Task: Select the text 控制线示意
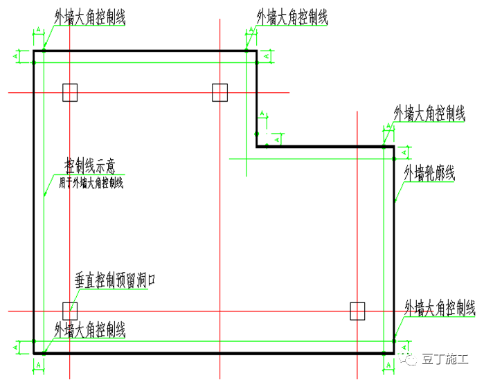pyautogui.click(x=89, y=166)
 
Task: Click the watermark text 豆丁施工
pyautogui.click(x=447, y=360)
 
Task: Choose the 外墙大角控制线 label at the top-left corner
pyautogui.click(x=89, y=17)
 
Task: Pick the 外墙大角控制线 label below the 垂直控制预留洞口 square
pyautogui.click(x=89, y=329)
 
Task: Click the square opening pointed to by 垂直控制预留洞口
pyautogui.click(x=70, y=311)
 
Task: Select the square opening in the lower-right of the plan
pyautogui.click(x=357, y=311)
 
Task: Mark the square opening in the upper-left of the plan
pyautogui.click(x=70, y=92)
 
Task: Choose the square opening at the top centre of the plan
pyautogui.click(x=219, y=92)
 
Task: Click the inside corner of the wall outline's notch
pyautogui.click(x=257, y=146)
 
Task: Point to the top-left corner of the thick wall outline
pyautogui.click(x=34, y=51)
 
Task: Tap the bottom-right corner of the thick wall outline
pyautogui.click(x=394, y=353)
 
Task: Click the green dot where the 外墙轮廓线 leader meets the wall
pyautogui.click(x=394, y=201)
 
